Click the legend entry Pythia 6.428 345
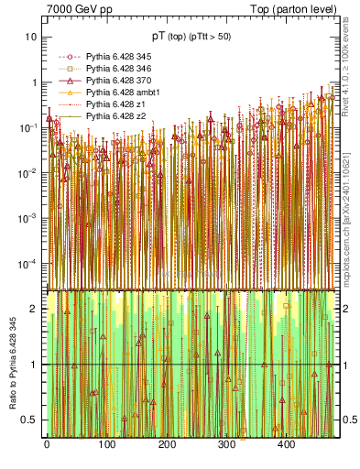coord(118,57)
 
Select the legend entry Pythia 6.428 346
coord(118,69)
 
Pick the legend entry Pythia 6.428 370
coord(118,81)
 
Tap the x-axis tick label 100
coord(106,444)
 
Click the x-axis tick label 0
coord(47,444)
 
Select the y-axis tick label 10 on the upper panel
coord(30,37)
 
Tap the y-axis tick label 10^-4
coord(27,263)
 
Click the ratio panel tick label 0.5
coord(29,420)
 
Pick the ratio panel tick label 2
coord(34,309)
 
